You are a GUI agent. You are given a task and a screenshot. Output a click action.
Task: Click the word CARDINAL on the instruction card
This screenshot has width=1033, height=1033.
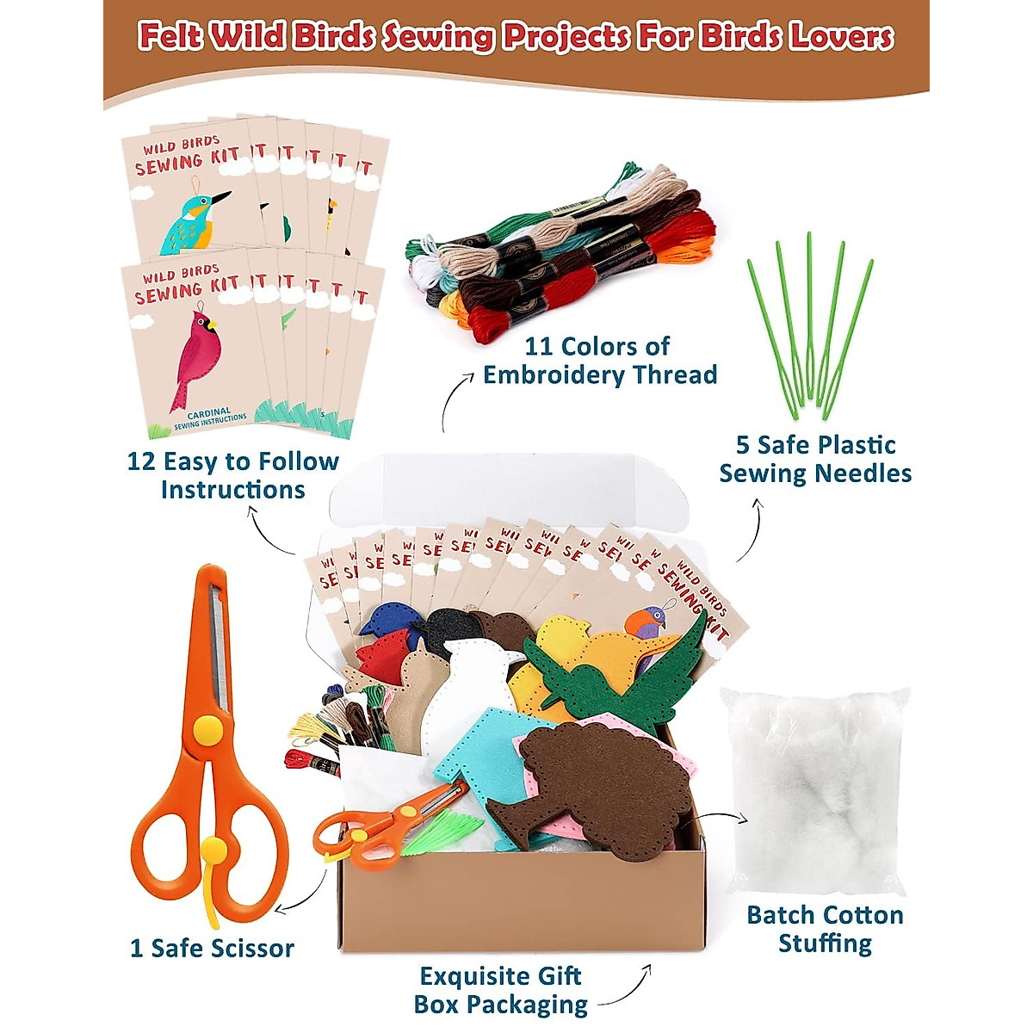pos(208,413)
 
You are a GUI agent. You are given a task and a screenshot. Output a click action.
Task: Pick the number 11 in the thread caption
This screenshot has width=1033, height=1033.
pos(539,346)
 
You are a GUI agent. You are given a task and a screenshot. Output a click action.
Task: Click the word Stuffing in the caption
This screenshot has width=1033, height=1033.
pos(825,943)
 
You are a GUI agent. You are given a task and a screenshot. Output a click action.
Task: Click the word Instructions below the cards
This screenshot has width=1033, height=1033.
pos(232,490)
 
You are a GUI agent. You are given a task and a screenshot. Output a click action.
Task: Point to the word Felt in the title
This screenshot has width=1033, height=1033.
pos(170,37)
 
